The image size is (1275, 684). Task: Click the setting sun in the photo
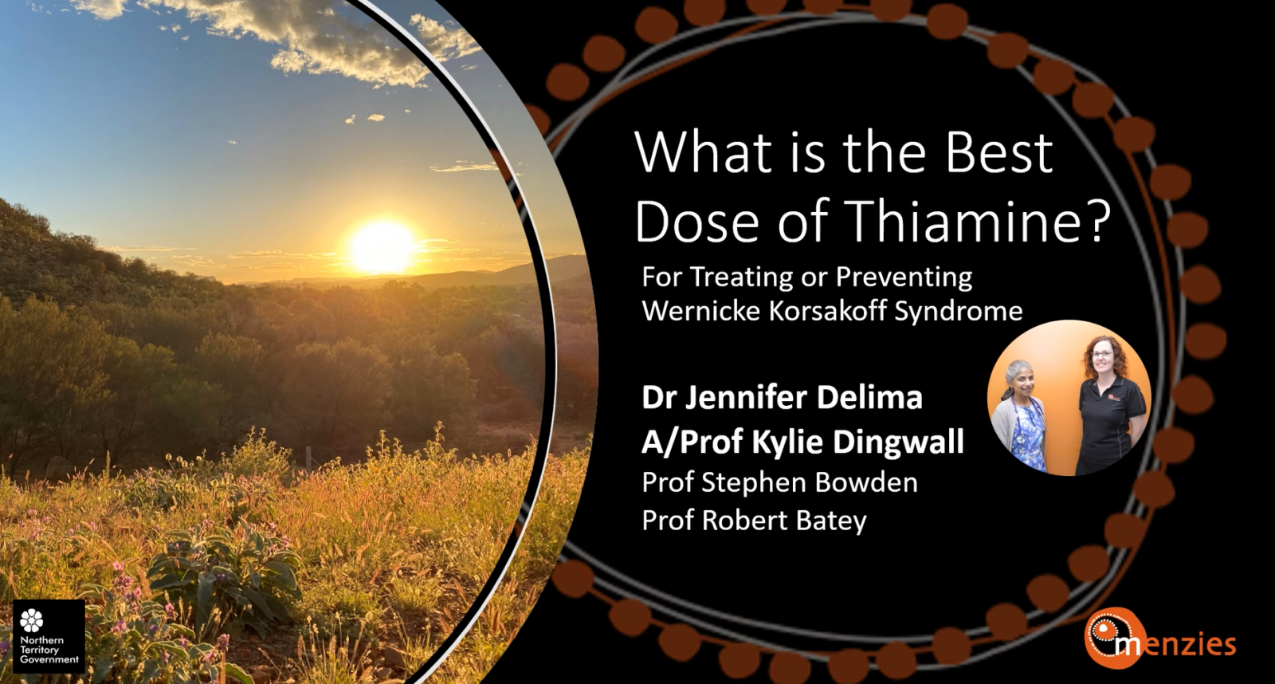[x=382, y=246]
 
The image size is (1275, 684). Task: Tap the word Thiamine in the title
[x=961, y=222]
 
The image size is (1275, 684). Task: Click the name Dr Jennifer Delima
[x=782, y=397]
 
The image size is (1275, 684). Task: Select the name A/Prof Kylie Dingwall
[x=802, y=441]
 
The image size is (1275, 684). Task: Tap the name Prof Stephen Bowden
[x=779, y=482]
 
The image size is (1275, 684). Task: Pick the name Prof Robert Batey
[x=754, y=521]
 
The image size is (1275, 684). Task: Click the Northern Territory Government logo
[x=49, y=636]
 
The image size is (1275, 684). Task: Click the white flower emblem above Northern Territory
[x=32, y=619]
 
